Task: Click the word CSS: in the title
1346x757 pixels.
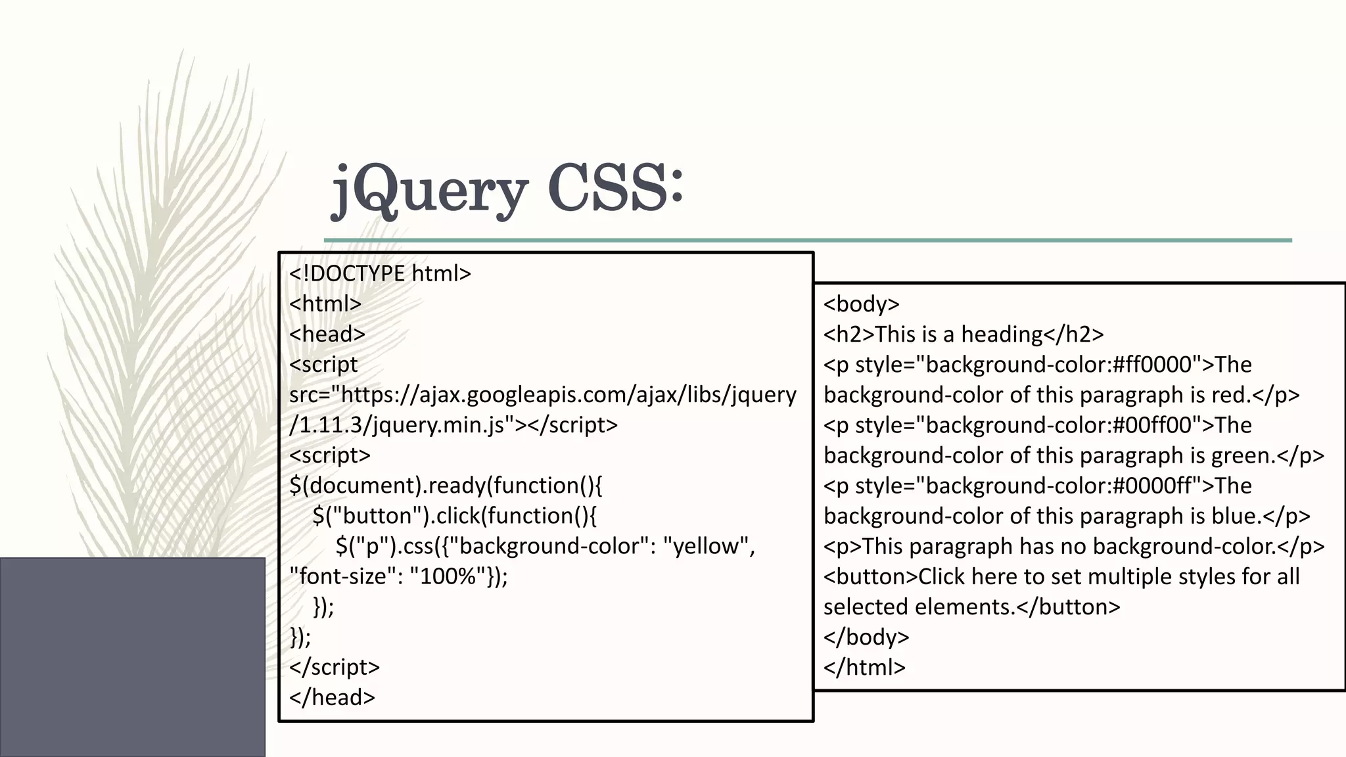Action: (615, 188)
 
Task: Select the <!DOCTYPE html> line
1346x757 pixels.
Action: (380, 273)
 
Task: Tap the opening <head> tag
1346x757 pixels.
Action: (327, 334)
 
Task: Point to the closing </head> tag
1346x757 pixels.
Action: (332, 697)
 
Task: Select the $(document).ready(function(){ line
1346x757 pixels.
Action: (446, 486)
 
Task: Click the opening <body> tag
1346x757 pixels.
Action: (862, 304)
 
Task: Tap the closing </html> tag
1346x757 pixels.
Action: (864, 667)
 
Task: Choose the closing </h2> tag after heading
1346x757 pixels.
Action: (1073, 334)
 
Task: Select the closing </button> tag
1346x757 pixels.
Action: (1068, 607)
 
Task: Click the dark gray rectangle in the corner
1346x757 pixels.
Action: (132, 656)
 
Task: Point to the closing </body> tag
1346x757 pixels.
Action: (866, 637)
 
